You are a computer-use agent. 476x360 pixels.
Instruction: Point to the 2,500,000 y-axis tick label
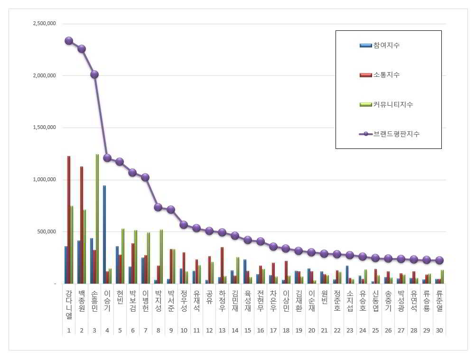pyautogui.click(x=44, y=24)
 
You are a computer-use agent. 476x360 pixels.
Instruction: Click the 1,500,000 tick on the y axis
pyautogui.click(x=44, y=128)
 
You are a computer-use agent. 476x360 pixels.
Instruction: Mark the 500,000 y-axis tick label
pyautogui.click(x=47, y=232)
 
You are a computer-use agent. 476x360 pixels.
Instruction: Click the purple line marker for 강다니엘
pyautogui.click(x=69, y=41)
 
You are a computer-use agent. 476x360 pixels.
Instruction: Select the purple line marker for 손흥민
pyautogui.click(x=94, y=74)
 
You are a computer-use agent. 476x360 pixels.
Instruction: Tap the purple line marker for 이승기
pyautogui.click(x=107, y=158)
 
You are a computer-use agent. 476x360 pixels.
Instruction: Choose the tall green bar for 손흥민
pyautogui.click(x=97, y=219)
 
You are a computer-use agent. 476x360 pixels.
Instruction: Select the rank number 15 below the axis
pyautogui.click(x=247, y=330)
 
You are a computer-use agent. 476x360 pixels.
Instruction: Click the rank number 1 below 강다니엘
pyautogui.click(x=69, y=330)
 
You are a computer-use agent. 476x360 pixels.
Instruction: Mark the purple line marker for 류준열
pyautogui.click(x=439, y=260)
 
